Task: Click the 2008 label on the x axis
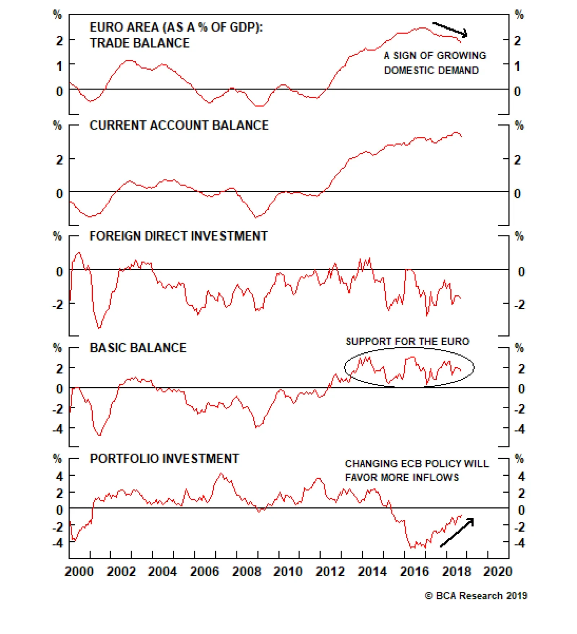(246, 572)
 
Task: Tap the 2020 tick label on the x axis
(497, 572)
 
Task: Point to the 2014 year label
(372, 572)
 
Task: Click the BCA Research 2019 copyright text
(476, 596)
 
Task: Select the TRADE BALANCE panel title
(140, 43)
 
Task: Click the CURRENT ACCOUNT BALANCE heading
(179, 125)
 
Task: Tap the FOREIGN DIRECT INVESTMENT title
(179, 236)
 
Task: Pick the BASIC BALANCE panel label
(138, 348)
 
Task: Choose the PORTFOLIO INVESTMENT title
(164, 459)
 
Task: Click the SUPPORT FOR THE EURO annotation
(408, 341)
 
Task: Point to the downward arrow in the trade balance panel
(450, 30)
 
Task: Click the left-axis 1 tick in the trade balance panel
(60, 66)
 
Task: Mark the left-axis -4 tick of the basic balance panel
(58, 429)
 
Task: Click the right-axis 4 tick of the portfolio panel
(521, 476)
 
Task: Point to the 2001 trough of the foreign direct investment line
(100, 328)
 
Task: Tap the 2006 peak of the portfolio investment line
(221, 474)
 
